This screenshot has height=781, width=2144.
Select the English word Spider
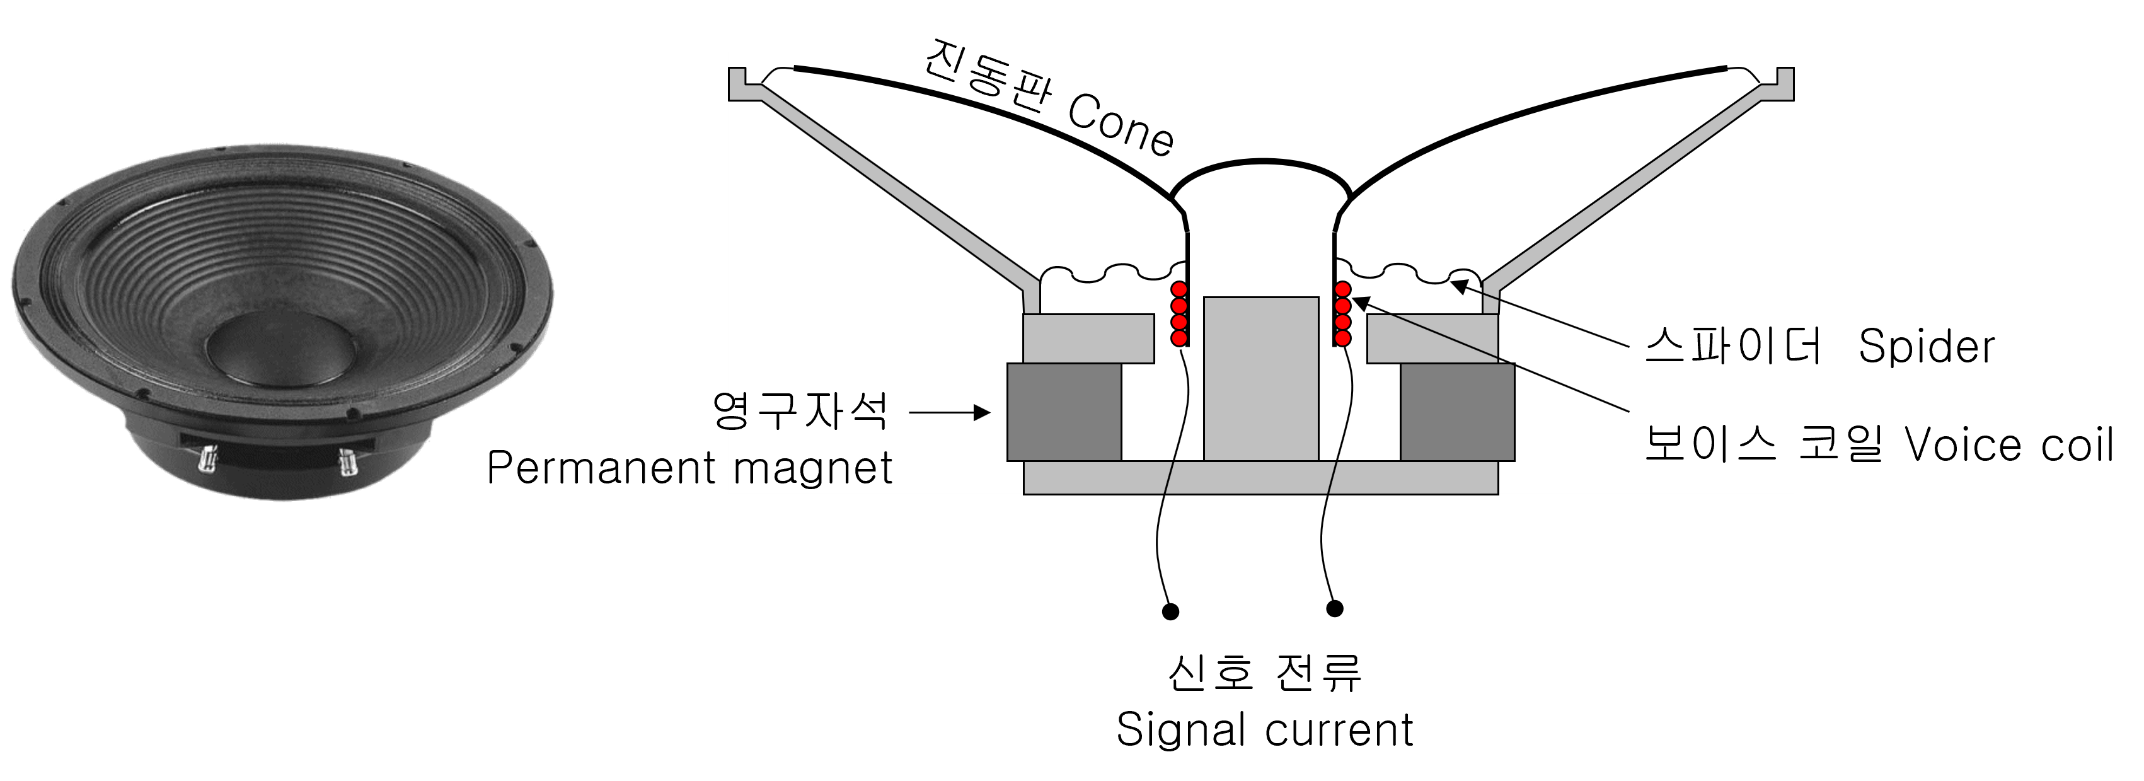[1926, 346]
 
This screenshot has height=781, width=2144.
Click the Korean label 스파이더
[1733, 345]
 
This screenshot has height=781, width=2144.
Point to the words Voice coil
[2009, 444]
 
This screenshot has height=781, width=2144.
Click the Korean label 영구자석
[800, 410]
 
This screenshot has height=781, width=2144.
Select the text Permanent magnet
[689, 467]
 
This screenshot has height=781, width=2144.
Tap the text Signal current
[1264, 730]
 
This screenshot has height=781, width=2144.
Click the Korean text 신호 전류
[1264, 673]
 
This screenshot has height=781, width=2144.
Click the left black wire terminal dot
[1170, 612]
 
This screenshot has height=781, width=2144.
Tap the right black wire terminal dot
[1334, 609]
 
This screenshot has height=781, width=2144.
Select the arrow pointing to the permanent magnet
[950, 412]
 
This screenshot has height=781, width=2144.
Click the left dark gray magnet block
[1064, 412]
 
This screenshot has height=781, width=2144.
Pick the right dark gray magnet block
[1457, 412]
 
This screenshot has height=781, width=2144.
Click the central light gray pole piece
[1261, 379]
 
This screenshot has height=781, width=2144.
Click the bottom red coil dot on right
[1342, 338]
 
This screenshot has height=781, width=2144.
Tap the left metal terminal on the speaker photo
[207, 459]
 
